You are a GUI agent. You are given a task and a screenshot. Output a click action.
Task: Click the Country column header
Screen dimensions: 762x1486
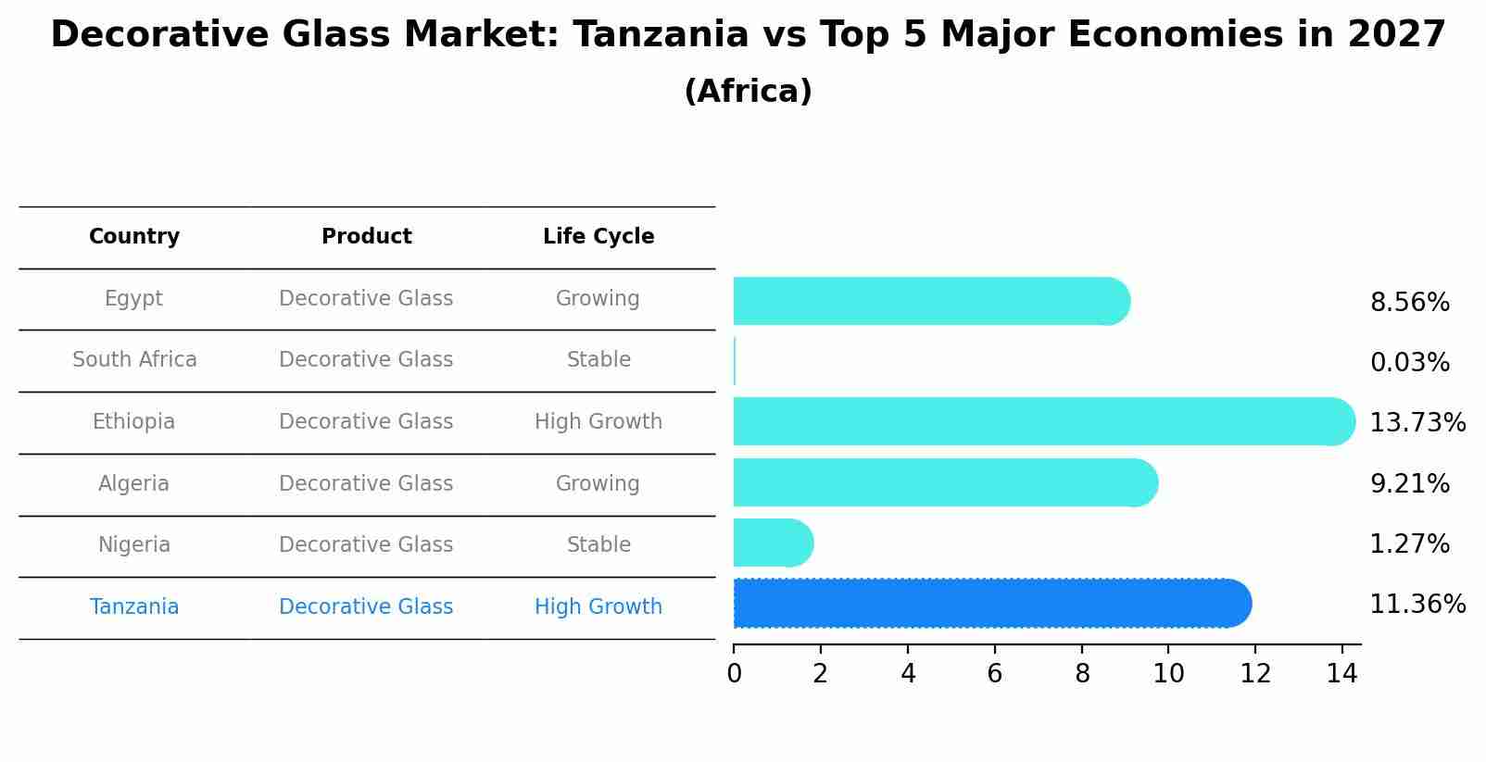pos(134,237)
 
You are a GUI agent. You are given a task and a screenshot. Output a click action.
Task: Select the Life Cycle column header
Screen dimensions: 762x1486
pos(598,237)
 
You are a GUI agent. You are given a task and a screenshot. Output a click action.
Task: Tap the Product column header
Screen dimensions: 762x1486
pos(367,237)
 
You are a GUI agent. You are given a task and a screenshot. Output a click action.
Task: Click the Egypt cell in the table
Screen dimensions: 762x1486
pos(133,299)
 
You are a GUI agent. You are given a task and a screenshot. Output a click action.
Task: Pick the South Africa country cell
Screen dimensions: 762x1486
pos(134,360)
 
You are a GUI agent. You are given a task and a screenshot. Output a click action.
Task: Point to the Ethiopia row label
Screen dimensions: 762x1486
pos(133,422)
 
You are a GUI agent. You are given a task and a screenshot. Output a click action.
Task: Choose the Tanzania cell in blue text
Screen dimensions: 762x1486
pos(134,607)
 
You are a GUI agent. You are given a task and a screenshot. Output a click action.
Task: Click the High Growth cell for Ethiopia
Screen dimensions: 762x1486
pos(598,422)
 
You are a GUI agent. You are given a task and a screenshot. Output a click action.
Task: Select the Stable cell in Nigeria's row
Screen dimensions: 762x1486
pos(598,545)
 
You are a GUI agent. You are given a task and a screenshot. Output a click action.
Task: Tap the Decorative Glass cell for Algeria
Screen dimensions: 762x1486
pos(366,484)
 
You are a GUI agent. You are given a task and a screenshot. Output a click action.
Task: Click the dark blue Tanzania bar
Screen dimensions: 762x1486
pos(991,604)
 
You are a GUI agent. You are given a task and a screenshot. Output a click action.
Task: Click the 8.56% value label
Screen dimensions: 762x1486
pos(1409,303)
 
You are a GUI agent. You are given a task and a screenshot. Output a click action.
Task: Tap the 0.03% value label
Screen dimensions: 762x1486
pos(1409,363)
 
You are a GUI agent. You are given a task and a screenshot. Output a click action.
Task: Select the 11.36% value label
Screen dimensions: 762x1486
pos(1417,605)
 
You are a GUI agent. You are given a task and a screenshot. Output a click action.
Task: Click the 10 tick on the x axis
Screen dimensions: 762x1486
pos(1168,674)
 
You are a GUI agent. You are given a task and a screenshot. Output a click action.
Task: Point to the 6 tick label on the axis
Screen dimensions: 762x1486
pos(995,674)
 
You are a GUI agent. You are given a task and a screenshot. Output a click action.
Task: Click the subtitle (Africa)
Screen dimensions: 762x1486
pos(748,92)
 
